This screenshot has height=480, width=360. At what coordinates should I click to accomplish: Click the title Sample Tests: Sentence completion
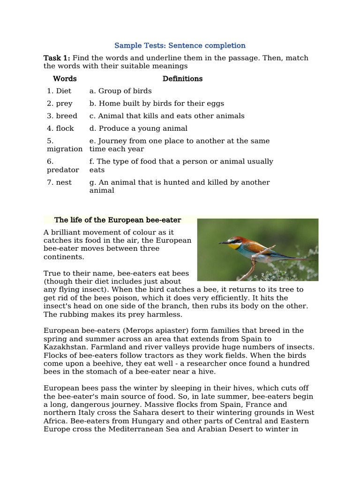180,45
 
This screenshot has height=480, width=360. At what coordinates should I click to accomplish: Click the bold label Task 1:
57,58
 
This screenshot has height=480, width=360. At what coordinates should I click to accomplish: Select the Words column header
65,79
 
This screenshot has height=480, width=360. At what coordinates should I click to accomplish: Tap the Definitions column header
182,79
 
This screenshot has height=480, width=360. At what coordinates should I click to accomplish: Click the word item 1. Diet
59,91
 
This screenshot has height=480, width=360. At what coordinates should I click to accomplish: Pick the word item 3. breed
62,116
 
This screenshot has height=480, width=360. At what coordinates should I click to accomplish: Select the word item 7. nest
59,182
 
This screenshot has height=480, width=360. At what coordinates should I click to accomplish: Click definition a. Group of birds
120,91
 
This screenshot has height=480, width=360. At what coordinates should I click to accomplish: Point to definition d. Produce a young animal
138,128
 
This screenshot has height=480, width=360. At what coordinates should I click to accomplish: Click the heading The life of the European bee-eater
118,220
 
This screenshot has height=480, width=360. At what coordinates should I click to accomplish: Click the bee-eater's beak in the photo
224,243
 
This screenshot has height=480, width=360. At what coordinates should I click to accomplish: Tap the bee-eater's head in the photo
234,241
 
